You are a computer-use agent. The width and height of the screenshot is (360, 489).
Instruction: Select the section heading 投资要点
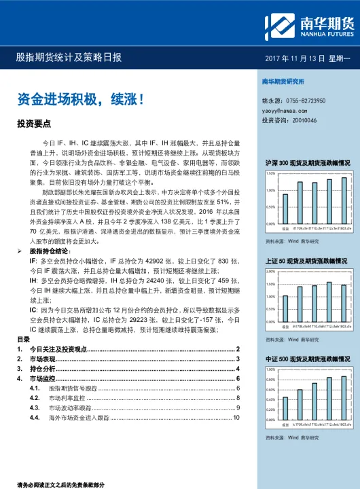(34, 124)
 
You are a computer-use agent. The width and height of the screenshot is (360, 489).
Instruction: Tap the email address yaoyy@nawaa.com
(285, 109)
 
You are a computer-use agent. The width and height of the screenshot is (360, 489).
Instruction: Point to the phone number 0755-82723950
(308, 100)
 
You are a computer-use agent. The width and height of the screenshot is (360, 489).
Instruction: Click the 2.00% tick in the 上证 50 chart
(270, 272)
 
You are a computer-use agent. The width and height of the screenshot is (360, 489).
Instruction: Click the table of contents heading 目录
(23, 339)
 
